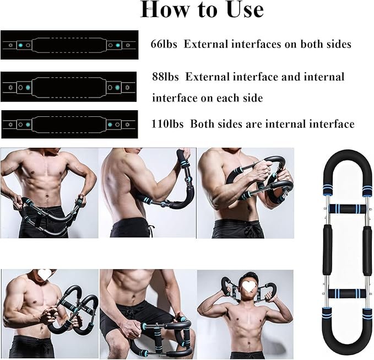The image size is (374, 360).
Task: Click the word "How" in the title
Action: click(161, 9)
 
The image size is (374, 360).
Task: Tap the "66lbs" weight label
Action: click(164, 44)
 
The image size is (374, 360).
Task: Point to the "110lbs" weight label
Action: click(169, 124)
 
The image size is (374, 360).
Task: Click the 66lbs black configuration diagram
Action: click(69, 44)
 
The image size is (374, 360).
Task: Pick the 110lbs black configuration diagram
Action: click(69, 124)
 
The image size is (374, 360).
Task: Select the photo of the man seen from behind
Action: click(147, 192)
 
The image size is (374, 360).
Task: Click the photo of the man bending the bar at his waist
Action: click(49, 192)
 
